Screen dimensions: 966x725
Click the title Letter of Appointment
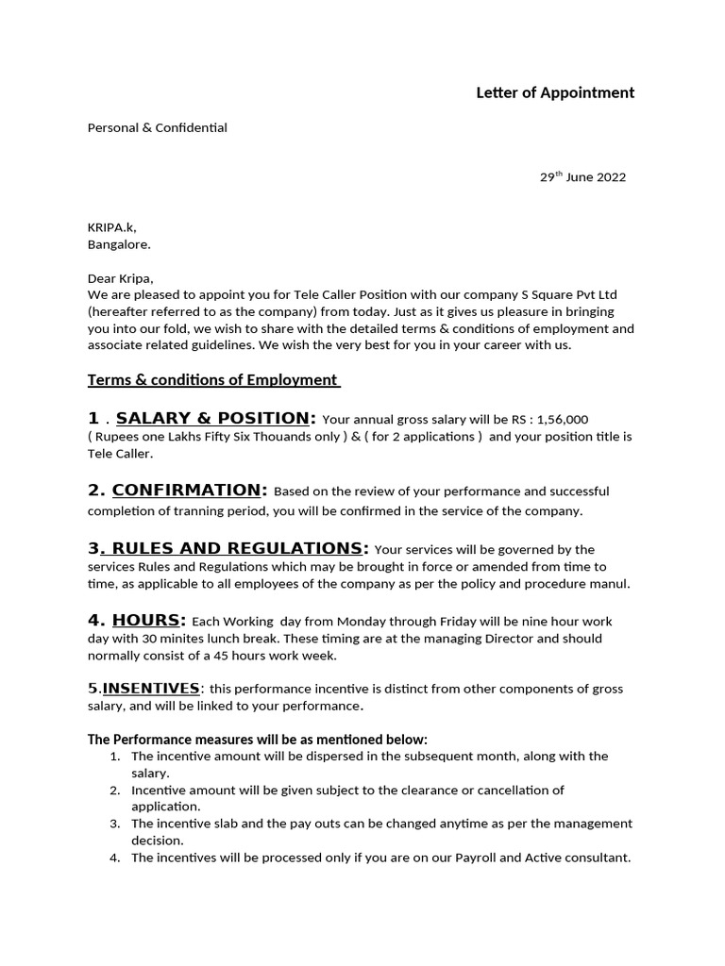(x=554, y=92)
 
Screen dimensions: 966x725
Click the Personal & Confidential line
(x=157, y=127)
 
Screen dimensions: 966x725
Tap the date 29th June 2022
(x=582, y=177)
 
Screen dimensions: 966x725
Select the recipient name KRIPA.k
(x=111, y=227)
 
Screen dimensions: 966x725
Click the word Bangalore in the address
(x=118, y=244)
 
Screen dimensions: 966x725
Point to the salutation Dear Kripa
(x=119, y=278)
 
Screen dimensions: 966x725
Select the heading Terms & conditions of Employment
(x=213, y=379)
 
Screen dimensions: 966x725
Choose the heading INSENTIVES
(x=151, y=689)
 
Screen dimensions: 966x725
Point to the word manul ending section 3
(x=610, y=584)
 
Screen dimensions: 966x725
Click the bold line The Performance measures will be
(x=258, y=739)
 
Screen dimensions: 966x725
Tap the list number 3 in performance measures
(x=114, y=824)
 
